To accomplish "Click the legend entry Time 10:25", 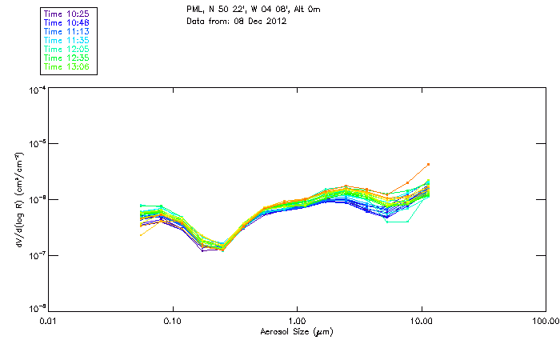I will click(67, 14).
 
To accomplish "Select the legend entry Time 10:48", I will click(67, 23).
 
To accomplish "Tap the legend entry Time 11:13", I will click(67, 32).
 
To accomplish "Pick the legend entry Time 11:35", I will click(67, 41).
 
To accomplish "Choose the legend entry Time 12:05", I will click(67, 50).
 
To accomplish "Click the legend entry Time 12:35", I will click(67, 58).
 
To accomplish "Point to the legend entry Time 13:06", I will click(67, 67).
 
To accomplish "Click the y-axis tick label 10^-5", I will click(37, 145).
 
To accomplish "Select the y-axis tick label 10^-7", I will click(37, 255).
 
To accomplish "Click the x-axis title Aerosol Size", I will click(297, 331).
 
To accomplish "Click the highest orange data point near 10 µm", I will click(428, 165).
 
